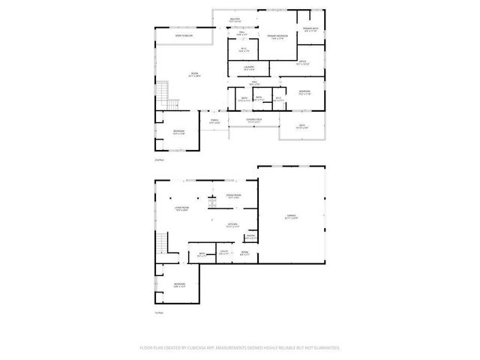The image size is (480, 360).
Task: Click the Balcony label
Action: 235,21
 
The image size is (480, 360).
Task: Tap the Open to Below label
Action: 184,35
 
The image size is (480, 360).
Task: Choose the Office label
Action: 302,63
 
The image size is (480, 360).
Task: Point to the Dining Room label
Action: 234,196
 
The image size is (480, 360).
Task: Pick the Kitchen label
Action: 232,224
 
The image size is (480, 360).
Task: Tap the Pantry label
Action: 250,237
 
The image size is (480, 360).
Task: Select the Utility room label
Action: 223,253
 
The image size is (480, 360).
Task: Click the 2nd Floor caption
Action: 158,160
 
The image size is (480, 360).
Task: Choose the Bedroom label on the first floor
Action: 179,284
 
